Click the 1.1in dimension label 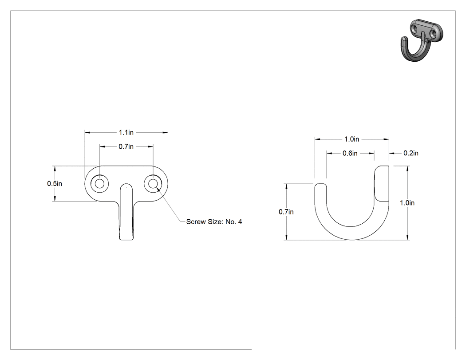point(126,132)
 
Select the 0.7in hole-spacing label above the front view point(126,146)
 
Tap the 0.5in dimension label point(55,183)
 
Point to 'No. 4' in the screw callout point(234,222)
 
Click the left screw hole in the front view point(99,183)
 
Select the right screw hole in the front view point(153,183)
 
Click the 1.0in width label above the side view point(352,139)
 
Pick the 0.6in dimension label point(350,153)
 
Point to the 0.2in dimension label point(411,153)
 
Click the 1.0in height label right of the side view point(407,203)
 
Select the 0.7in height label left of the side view point(286,212)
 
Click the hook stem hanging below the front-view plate point(126,214)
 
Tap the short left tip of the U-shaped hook point(321,188)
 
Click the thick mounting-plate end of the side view point(381,183)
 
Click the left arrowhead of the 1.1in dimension point(87,132)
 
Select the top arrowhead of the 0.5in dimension point(55,168)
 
